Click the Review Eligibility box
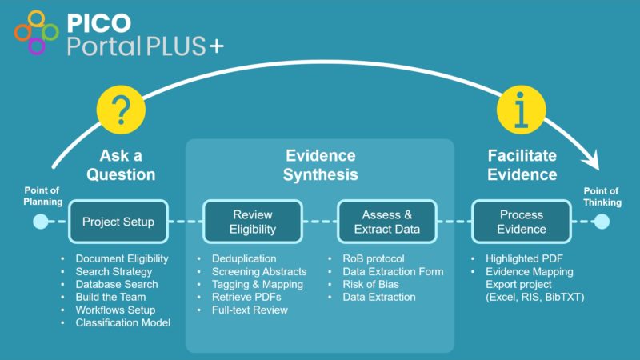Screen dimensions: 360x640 [x=253, y=222]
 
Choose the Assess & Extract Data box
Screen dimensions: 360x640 [x=387, y=222]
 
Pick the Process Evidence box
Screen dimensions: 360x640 [x=522, y=222]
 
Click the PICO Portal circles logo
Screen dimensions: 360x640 [x=36, y=33]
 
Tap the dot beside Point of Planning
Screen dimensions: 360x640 [x=40, y=222]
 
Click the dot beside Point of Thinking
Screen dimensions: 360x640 [x=601, y=222]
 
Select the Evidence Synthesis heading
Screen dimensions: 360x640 [x=320, y=164]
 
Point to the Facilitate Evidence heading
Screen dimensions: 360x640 [x=522, y=164]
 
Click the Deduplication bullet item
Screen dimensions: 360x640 [x=244, y=258]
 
